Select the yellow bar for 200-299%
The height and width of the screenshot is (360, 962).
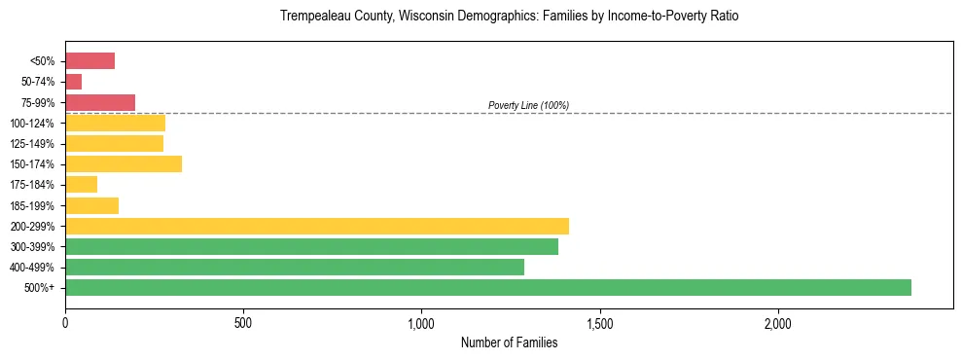(x=317, y=226)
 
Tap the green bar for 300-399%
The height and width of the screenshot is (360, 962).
(x=311, y=246)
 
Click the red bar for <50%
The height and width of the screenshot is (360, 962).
(x=89, y=61)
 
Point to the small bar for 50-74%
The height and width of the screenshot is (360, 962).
(x=74, y=82)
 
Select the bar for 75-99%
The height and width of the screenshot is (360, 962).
(x=100, y=102)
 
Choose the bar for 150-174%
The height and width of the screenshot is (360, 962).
(x=124, y=163)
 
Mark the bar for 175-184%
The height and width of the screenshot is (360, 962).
(x=81, y=184)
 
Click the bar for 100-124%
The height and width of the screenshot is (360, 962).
(x=115, y=123)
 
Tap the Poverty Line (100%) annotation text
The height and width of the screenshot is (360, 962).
(x=528, y=105)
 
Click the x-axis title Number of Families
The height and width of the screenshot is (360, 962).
(x=509, y=342)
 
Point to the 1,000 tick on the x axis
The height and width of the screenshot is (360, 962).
(x=421, y=322)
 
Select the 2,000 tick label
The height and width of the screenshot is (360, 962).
(x=778, y=322)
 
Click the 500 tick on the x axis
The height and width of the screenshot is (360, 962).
(x=243, y=322)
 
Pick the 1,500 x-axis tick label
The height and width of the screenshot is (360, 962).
(x=600, y=322)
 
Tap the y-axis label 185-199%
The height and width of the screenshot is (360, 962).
(x=33, y=205)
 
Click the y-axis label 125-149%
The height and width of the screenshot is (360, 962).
(x=33, y=144)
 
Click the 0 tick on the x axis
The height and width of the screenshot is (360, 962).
(x=65, y=322)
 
